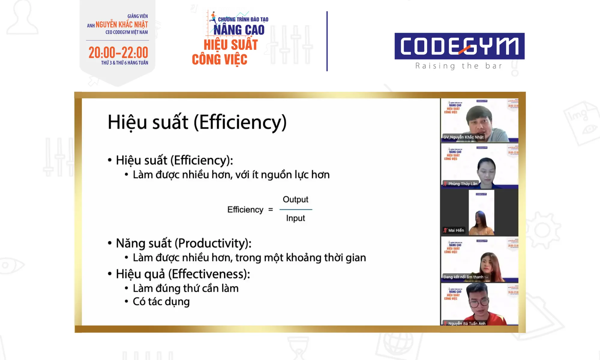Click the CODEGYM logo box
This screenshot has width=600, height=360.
[x=459, y=46]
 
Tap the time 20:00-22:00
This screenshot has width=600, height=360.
[x=118, y=53]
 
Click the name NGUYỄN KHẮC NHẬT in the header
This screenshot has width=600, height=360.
[x=121, y=25]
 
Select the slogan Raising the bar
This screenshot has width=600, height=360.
[x=459, y=66]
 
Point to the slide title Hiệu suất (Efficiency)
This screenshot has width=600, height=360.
[x=197, y=122]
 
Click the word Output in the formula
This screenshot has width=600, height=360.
[x=295, y=199]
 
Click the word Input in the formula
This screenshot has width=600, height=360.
[x=295, y=218]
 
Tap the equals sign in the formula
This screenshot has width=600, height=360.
[x=271, y=210]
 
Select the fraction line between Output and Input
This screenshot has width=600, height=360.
[x=296, y=209]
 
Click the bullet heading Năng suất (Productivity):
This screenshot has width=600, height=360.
[x=184, y=243]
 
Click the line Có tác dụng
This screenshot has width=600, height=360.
[x=161, y=301]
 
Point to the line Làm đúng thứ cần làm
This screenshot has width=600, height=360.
[x=186, y=288]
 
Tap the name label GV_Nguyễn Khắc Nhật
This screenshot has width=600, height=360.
[x=463, y=137]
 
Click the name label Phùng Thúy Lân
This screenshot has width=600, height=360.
[x=462, y=184]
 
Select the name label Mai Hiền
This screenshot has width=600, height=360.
[x=456, y=230]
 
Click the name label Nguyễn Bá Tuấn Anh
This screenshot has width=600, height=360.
[x=466, y=323]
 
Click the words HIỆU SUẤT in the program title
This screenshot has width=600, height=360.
[x=231, y=45]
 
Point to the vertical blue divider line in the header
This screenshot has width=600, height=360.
[x=327, y=41]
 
